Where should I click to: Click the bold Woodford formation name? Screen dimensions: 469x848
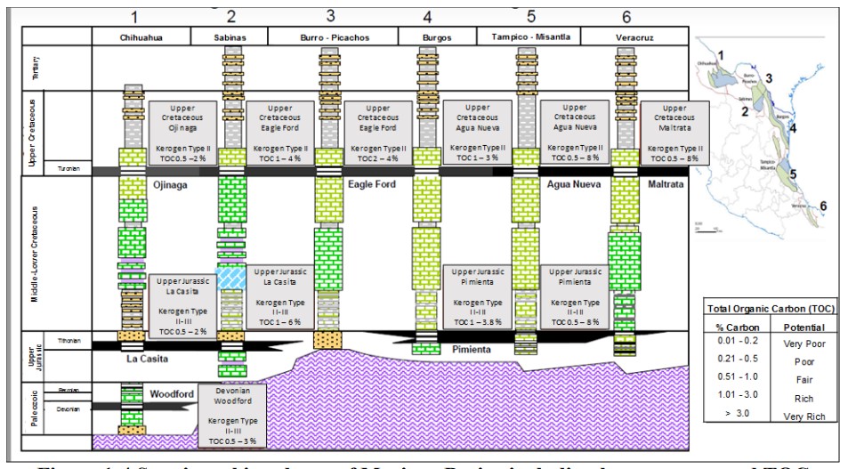(x=172, y=392)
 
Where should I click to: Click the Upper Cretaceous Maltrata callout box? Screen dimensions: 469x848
(x=673, y=131)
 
